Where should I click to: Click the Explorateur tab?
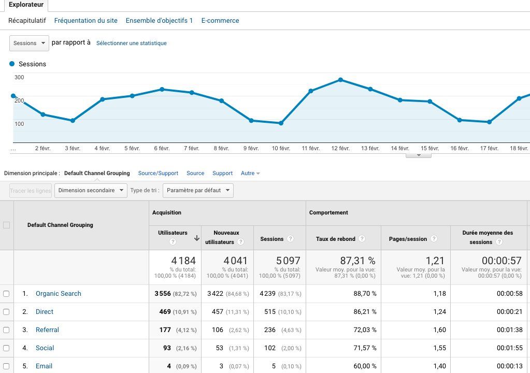26,4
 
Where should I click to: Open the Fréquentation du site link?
85,21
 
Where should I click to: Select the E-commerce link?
220,21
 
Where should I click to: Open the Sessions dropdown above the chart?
29,43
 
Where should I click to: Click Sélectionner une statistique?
132,44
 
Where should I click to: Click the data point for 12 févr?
340,80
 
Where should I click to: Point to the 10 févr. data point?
281,123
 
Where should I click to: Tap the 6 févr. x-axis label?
162,149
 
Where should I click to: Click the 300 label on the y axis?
19,78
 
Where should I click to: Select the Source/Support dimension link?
158,173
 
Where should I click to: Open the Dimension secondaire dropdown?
91,191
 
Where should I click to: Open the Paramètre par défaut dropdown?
198,191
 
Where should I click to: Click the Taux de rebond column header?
336,239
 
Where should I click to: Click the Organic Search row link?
59,294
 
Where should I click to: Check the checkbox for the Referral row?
6,330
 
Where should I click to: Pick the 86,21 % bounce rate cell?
364,312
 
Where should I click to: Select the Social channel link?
45,348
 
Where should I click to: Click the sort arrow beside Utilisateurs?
197,238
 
